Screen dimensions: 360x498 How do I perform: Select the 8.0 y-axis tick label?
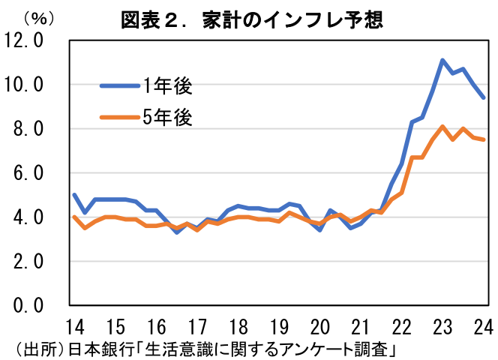click(x=28, y=129)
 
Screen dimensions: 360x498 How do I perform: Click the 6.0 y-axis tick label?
click(x=28, y=173)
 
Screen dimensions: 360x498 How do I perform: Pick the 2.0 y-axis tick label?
click(x=28, y=262)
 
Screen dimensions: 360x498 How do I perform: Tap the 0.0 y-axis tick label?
click(x=28, y=306)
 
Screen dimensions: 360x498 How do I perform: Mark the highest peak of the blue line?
click(x=442, y=60)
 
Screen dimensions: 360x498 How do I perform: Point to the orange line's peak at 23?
click(x=442, y=126)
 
